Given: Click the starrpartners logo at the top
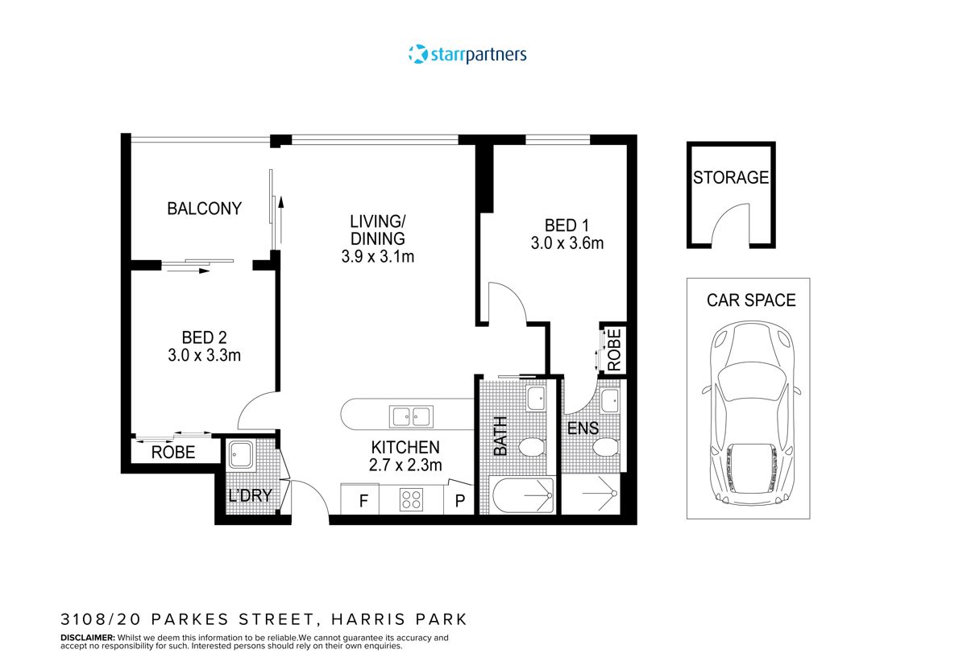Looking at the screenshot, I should pyautogui.click(x=468, y=55).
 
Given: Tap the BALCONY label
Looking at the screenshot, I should pyautogui.click(x=204, y=209).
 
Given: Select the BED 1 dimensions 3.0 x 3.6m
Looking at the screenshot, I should pyautogui.click(x=567, y=243).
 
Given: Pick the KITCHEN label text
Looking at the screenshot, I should pyautogui.click(x=405, y=448).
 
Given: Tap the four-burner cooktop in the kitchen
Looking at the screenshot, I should pyautogui.click(x=412, y=500).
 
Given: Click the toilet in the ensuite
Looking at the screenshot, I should pyautogui.click(x=605, y=448).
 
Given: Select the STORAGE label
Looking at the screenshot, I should pyautogui.click(x=731, y=178).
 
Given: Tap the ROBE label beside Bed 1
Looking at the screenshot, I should pyautogui.click(x=614, y=349).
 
